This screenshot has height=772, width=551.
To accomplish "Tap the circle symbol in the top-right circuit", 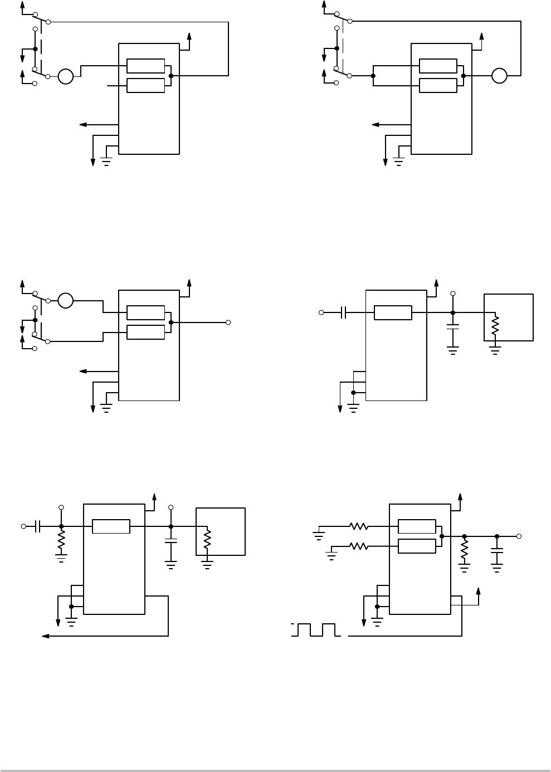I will (499, 76).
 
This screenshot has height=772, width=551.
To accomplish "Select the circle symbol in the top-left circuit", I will (66, 76).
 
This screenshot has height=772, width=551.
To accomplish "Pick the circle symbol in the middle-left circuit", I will (66, 301).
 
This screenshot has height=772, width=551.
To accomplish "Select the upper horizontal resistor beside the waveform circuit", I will (359, 526).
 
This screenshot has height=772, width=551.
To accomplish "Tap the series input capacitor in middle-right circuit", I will (344, 312).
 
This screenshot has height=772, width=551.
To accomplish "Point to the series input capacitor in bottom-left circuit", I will (37, 526).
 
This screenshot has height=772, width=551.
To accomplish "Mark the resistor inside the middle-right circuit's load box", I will (494, 327).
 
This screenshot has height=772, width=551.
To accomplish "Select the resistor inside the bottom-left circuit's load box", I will (207, 539).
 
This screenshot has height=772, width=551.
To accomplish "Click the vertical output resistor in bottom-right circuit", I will (464, 550).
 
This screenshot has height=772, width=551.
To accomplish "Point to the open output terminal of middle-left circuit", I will (228, 323).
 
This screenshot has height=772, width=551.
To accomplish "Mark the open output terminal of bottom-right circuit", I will (519, 536).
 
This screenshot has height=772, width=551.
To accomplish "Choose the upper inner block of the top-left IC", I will (145, 66).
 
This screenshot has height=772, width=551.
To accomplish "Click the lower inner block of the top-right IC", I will (438, 85).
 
